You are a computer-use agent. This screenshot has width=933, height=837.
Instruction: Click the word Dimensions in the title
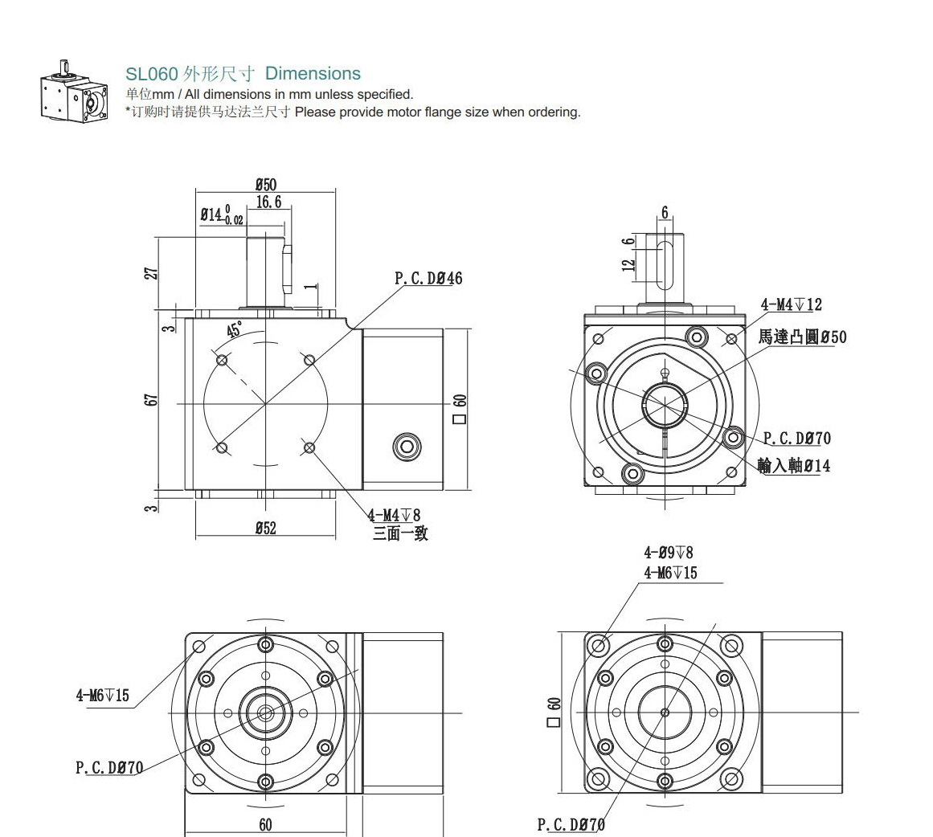313,73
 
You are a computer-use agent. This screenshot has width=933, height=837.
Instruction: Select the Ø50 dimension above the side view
265,185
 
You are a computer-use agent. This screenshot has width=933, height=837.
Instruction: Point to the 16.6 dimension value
269,202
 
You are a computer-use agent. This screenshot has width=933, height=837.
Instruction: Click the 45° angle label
235,330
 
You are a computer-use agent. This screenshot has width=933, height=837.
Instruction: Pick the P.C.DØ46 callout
428,279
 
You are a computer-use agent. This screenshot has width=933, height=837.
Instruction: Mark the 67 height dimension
151,399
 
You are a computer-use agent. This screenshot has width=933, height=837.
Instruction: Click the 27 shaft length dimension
151,273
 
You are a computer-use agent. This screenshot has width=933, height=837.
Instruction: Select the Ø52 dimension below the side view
265,528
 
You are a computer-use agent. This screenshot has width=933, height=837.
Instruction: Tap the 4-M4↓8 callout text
394,515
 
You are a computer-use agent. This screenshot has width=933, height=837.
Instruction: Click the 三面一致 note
399,533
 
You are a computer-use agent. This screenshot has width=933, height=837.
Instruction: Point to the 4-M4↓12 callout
791,304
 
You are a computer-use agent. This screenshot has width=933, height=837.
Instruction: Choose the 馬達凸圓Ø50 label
801,337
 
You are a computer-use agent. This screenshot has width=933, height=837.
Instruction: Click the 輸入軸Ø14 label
793,465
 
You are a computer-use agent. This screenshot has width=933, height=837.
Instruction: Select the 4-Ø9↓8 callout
668,552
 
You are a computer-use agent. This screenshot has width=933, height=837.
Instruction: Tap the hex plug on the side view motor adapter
406,447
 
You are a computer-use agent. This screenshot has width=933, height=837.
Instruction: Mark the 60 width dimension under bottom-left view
265,824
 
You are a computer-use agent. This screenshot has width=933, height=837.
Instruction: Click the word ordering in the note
551,112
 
